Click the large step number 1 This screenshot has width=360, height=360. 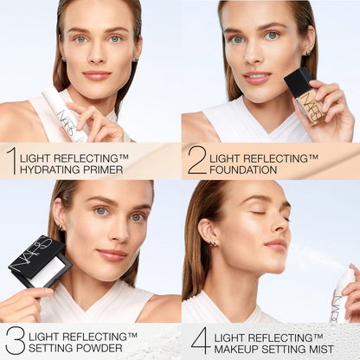point(10,160)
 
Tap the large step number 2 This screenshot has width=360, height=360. point(196,160)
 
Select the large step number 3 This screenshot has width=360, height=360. point(14,340)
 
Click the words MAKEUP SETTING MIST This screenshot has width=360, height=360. point(273,349)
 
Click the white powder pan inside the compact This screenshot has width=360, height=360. point(48,272)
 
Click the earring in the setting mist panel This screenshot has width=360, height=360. point(213,244)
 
